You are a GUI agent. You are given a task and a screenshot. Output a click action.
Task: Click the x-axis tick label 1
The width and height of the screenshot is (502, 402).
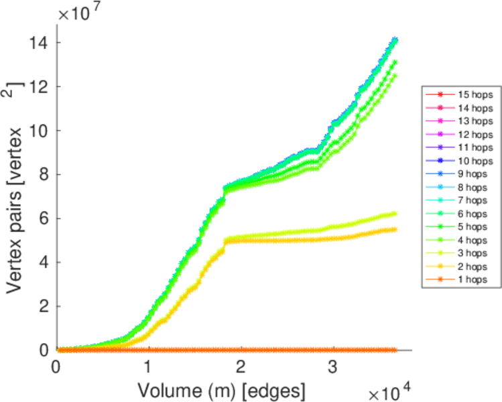tap(148, 367)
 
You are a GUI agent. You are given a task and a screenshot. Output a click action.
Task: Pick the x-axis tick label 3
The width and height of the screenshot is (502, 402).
tap(332, 367)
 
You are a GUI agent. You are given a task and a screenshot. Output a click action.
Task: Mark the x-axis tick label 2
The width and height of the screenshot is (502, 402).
tap(241, 367)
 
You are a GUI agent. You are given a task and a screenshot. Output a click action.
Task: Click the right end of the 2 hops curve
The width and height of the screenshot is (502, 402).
tap(395, 229)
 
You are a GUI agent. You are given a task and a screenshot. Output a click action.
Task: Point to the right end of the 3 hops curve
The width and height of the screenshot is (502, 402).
tap(395, 214)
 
